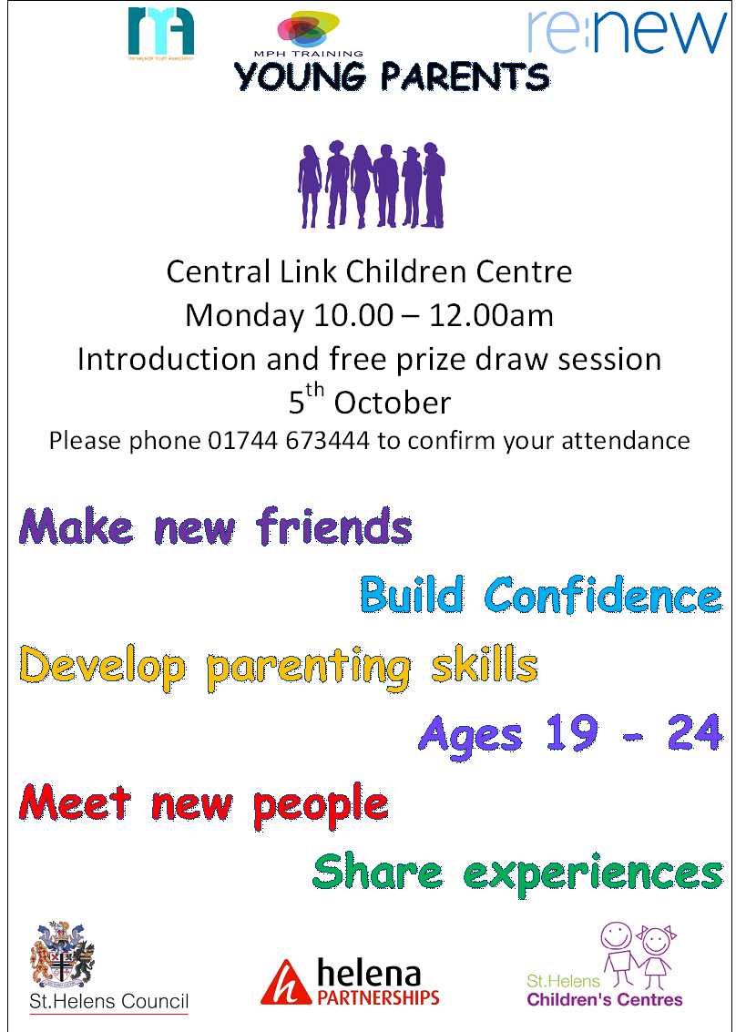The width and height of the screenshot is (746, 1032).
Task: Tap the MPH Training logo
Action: (309, 34)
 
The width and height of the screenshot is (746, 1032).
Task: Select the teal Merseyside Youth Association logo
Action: (160, 33)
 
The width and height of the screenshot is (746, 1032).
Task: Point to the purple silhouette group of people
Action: (371, 185)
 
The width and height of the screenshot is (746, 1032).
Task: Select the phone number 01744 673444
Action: (290, 441)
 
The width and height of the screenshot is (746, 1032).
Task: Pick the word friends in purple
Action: (334, 526)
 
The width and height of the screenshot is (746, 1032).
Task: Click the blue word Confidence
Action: (603, 596)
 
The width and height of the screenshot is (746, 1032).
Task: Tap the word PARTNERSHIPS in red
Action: (378, 997)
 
